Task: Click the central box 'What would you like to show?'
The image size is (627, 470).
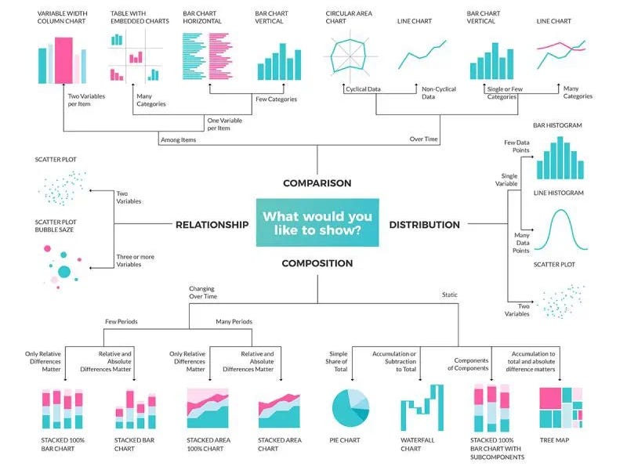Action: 317,224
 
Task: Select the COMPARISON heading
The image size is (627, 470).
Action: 317,183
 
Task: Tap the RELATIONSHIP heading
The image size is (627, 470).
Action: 212,225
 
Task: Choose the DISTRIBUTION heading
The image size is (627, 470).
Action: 424,225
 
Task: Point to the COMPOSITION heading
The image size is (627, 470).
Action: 317,264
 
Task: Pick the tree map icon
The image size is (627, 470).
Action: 561,407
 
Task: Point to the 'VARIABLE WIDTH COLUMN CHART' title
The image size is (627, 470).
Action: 63,17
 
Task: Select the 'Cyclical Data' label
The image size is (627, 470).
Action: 363,89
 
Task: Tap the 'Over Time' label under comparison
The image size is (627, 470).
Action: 424,139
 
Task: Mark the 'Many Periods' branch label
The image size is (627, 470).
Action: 234,321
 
